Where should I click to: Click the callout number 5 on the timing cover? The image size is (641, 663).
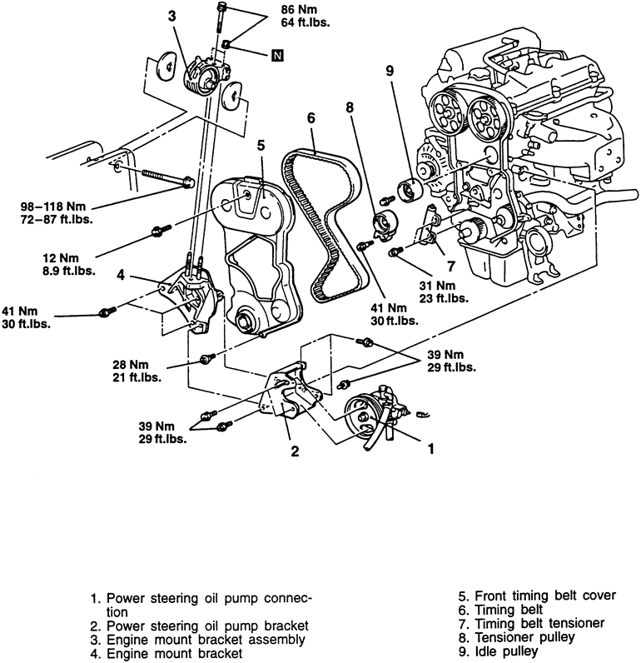[260, 144]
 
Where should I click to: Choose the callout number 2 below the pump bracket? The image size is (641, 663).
[293, 451]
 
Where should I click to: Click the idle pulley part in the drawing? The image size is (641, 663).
[409, 190]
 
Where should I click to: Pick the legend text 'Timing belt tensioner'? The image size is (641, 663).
[531, 622]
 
